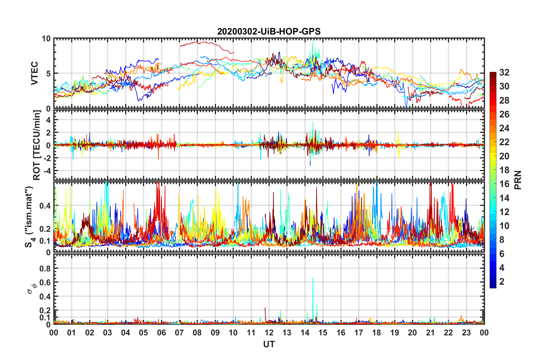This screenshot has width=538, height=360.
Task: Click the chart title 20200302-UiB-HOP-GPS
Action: click(x=269, y=31)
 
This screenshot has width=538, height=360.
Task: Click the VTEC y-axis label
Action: click(x=35, y=73)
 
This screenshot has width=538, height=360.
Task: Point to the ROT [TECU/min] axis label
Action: click(x=37, y=145)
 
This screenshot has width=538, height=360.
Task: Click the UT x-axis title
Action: click(x=269, y=344)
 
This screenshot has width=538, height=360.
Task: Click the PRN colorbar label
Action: click(x=518, y=180)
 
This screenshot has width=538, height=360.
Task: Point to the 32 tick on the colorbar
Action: click(x=504, y=72)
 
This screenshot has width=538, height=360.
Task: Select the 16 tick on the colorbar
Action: click(x=504, y=184)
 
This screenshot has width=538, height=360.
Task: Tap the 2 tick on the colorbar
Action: click(x=502, y=281)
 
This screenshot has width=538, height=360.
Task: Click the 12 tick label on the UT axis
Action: click(x=269, y=333)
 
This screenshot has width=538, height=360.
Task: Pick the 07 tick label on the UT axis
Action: click(x=179, y=333)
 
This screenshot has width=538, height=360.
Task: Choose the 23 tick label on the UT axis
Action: click(x=466, y=333)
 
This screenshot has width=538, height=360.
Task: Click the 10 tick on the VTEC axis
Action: click(x=46, y=38)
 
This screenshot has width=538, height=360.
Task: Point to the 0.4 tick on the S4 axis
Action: click(x=45, y=206)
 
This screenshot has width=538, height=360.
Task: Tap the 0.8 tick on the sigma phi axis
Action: click(x=45, y=268)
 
